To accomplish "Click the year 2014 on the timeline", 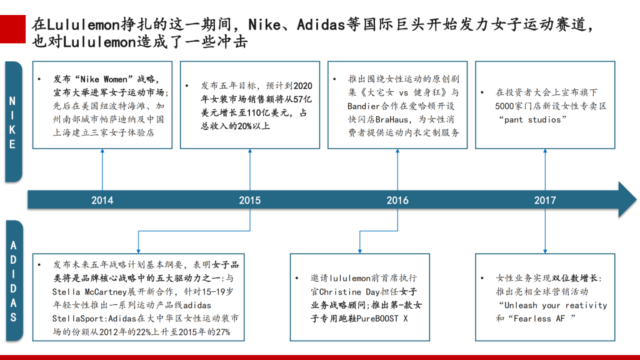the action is tap(102, 201).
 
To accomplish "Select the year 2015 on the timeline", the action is tap(250, 201).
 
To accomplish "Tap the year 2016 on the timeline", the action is tap(397, 201).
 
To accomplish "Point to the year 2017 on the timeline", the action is tap(545, 201).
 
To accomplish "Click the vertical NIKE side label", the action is tap(12, 122).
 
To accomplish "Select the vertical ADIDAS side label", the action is tap(14, 281).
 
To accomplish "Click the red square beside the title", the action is tap(12, 29).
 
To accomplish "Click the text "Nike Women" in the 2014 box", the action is tap(101, 79).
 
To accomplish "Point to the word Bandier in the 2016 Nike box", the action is tap(364, 106).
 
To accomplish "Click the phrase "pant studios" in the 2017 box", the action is tap(532, 119).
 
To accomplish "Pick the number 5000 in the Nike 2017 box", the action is tap(504, 106).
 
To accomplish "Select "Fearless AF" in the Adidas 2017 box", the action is tap(539, 318).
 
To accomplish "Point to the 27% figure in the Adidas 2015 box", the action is tap(223, 332).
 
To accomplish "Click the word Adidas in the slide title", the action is tap(321, 25).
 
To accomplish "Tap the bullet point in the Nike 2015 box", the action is tap(187, 86).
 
